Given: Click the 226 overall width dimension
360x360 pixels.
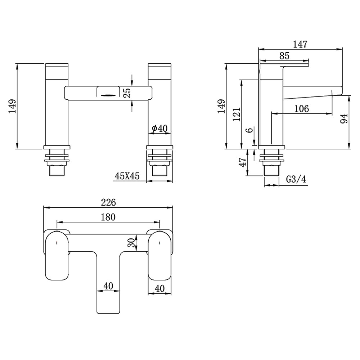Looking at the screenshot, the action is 108,202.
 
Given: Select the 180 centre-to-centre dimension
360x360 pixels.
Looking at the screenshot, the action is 108,217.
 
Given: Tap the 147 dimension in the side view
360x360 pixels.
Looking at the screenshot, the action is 300,44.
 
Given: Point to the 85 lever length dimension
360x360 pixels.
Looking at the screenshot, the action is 284,55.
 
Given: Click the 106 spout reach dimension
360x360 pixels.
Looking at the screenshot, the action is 302,109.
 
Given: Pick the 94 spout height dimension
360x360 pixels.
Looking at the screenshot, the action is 344,118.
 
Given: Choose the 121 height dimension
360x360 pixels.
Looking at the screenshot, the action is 236,114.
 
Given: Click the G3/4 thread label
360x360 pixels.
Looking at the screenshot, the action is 296,179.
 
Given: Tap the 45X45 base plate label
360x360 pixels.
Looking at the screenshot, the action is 127,176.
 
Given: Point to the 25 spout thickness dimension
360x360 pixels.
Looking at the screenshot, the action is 127,93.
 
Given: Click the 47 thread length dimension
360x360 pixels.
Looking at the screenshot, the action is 242,162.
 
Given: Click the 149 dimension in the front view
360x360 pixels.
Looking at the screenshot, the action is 12,106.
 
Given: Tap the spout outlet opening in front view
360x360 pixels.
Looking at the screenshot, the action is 108,96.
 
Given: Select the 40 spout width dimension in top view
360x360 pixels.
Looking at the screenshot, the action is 108,286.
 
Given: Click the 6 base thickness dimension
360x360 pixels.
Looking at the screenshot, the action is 250,130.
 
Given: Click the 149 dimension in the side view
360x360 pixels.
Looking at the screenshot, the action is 221,106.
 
